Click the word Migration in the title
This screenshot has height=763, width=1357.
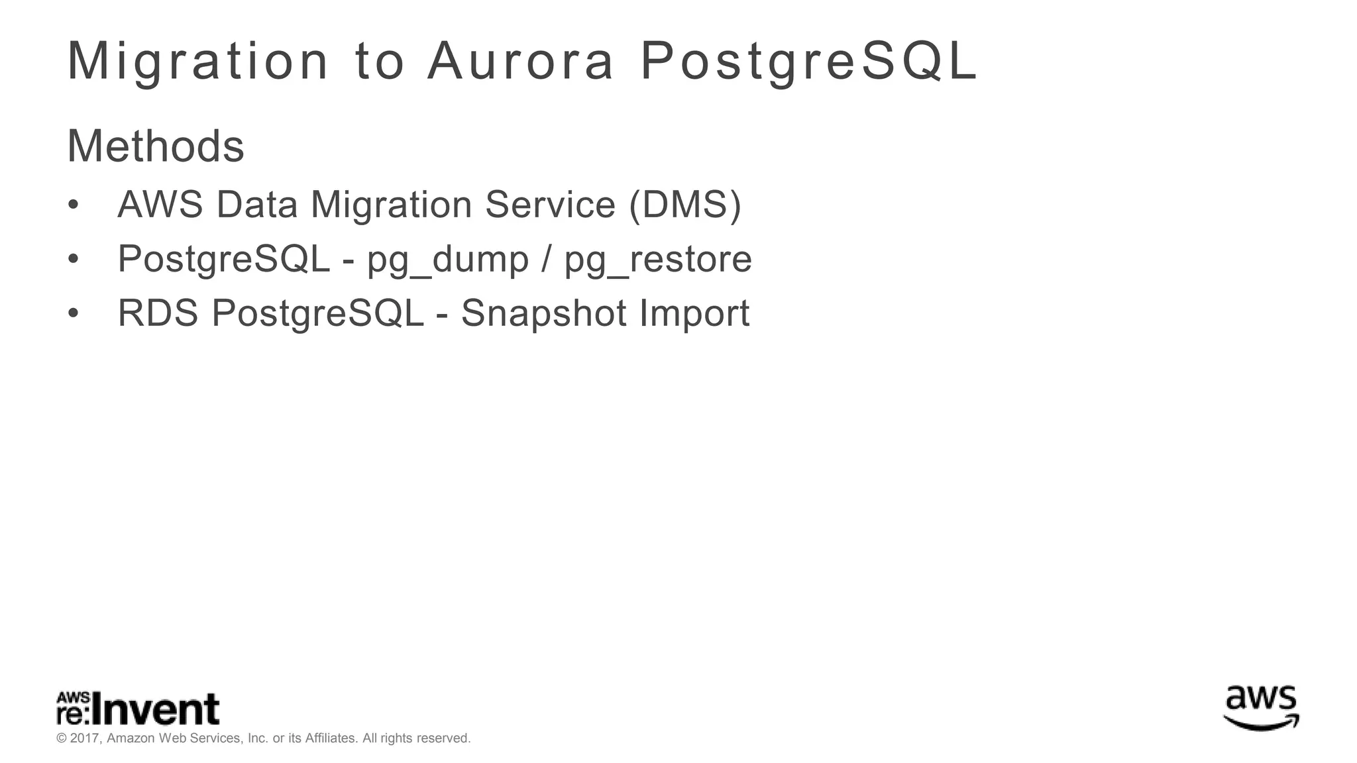[x=197, y=62]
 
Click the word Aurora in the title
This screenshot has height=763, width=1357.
[x=521, y=62]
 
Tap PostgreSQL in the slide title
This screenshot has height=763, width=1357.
[x=808, y=62]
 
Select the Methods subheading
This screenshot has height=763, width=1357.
[x=156, y=146]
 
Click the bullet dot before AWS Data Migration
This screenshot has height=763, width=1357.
[x=74, y=205]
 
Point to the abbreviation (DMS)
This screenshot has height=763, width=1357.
[x=684, y=205]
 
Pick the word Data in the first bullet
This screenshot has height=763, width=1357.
[x=257, y=205]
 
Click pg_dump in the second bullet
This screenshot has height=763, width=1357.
[x=448, y=260]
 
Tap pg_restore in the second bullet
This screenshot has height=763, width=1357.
[x=658, y=260]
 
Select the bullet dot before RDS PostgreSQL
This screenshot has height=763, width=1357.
[x=74, y=313]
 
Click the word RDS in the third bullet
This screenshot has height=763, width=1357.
[x=158, y=313]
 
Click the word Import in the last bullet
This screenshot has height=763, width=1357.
[x=694, y=313]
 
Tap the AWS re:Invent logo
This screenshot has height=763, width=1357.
[x=138, y=709]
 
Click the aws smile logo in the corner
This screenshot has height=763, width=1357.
[x=1261, y=708]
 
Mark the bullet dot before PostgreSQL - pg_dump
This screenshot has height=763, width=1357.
[x=74, y=259]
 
